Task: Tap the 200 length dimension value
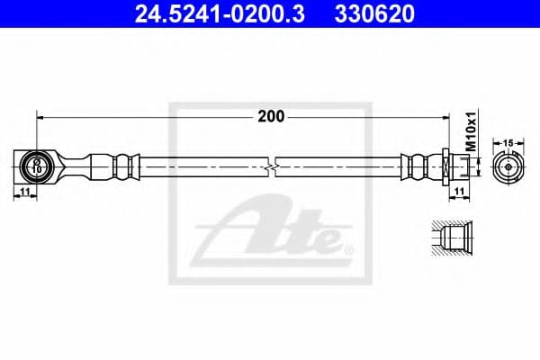click(x=271, y=115)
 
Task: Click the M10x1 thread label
click(x=470, y=131)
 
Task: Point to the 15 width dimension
click(x=508, y=142)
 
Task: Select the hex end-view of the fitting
click(x=508, y=166)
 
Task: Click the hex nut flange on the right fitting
click(x=445, y=166)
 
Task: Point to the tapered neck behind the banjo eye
click(x=67, y=166)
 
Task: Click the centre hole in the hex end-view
click(x=508, y=166)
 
